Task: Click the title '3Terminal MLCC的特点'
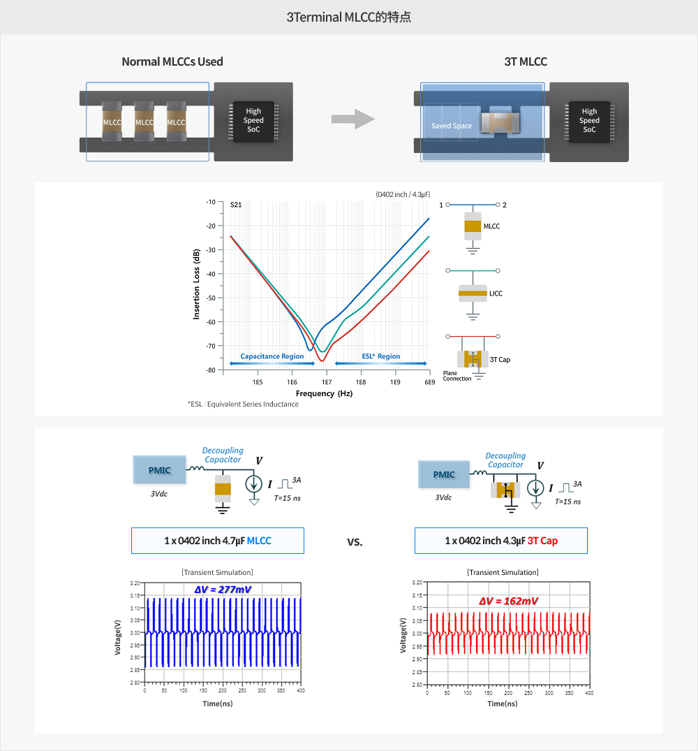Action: pos(349,17)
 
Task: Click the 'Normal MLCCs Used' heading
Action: pos(172,61)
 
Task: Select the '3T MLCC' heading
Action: pos(526,61)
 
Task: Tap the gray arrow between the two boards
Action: pos(352,119)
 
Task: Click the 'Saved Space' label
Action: pos(452,126)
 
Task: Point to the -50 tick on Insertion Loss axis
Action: pos(209,298)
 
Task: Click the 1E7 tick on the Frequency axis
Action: pos(326,382)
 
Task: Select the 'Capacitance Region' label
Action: pos(272,356)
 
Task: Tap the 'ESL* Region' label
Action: pos(381,356)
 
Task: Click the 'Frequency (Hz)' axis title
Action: pos(324,393)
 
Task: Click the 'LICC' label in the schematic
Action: pos(496,293)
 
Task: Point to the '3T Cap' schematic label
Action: pos(499,359)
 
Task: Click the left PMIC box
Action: pos(159,470)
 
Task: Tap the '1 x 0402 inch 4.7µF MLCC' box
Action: pos(217,541)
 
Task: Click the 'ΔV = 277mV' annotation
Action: pos(223,590)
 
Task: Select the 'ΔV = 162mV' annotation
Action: pos(508,601)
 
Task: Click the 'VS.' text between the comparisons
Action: pos(355,542)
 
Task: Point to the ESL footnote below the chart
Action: pos(243,404)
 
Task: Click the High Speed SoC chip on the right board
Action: pos(589,120)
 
